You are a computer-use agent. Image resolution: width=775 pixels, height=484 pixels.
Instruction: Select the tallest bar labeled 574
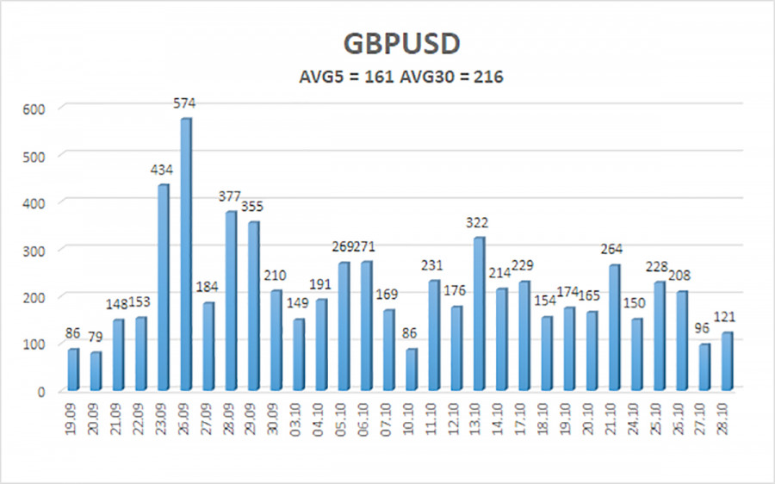tap(186, 254)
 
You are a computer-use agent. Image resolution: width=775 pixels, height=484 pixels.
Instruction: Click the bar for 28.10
tap(727, 360)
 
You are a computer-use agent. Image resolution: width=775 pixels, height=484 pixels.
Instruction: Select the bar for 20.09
tap(96, 370)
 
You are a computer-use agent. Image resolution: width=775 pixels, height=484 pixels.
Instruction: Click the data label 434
tap(163, 170)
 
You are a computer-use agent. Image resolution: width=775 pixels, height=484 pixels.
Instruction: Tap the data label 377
tap(230, 195)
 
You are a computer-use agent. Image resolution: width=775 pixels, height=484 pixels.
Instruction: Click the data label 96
tap(704, 329)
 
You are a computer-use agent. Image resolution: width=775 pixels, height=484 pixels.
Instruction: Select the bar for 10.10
tap(411, 369)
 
